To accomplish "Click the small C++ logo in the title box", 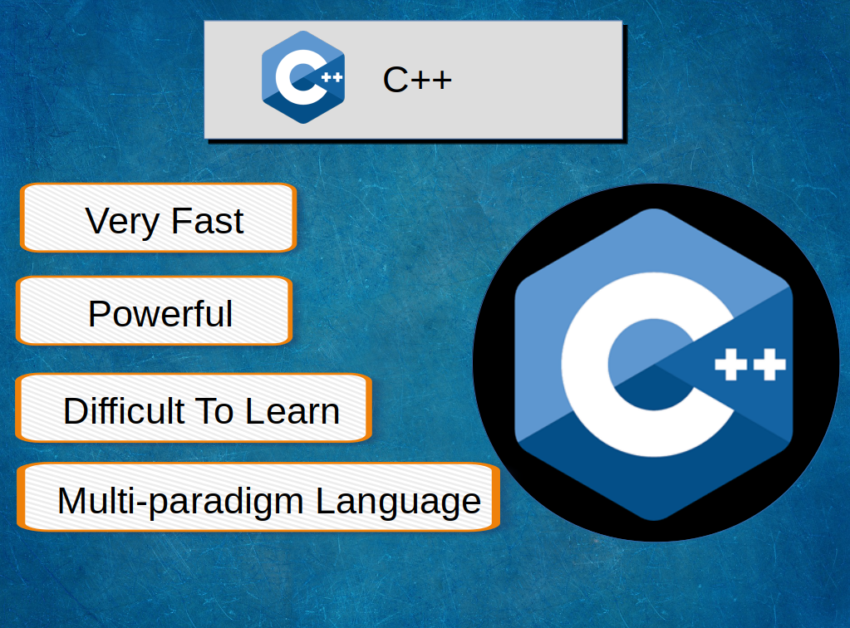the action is click(x=303, y=77).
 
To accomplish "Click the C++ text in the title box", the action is click(x=417, y=80).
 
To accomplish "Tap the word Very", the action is click(x=122, y=222).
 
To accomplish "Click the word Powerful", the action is click(x=160, y=313).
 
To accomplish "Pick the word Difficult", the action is click(x=123, y=410).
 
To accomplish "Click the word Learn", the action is click(x=292, y=410).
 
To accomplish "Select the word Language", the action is click(x=399, y=501).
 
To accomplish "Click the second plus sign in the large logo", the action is click(x=769, y=364).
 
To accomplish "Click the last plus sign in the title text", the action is click(x=442, y=81).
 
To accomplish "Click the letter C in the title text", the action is click(x=396, y=80).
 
